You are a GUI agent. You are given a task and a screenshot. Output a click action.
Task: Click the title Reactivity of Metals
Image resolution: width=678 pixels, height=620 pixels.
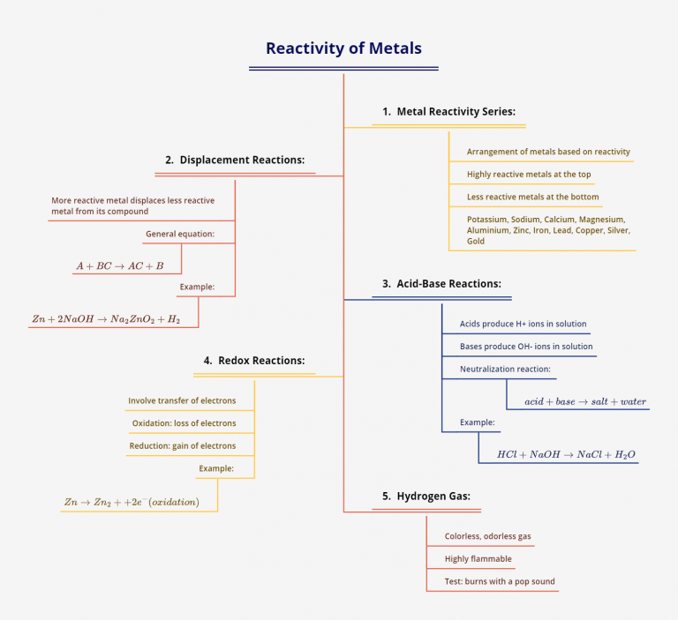point(343,49)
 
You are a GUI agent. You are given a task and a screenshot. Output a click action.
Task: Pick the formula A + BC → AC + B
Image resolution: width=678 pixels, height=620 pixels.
point(119,265)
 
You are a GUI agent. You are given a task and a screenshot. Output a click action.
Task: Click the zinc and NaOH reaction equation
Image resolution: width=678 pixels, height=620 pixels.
point(106,319)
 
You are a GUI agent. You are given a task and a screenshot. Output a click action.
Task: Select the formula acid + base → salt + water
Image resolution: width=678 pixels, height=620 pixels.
point(585,402)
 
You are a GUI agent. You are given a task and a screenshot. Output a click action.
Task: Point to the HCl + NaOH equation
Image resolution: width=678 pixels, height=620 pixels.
point(566,455)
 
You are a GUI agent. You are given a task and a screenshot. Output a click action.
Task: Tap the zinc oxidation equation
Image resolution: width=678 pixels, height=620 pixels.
point(131,503)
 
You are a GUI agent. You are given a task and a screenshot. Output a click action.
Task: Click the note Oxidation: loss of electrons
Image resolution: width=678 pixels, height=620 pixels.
point(184,423)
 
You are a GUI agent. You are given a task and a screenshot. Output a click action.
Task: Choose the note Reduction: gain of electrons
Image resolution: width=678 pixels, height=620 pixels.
point(183,446)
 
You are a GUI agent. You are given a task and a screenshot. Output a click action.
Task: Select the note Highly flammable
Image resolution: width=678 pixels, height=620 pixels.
point(478,559)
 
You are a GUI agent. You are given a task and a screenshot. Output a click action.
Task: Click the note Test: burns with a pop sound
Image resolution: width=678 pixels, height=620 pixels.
point(500,582)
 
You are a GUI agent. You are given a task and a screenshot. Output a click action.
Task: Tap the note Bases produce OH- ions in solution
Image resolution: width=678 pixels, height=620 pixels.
point(526,347)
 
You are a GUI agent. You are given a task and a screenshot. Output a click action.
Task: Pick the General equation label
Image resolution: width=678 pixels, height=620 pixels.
point(180,235)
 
